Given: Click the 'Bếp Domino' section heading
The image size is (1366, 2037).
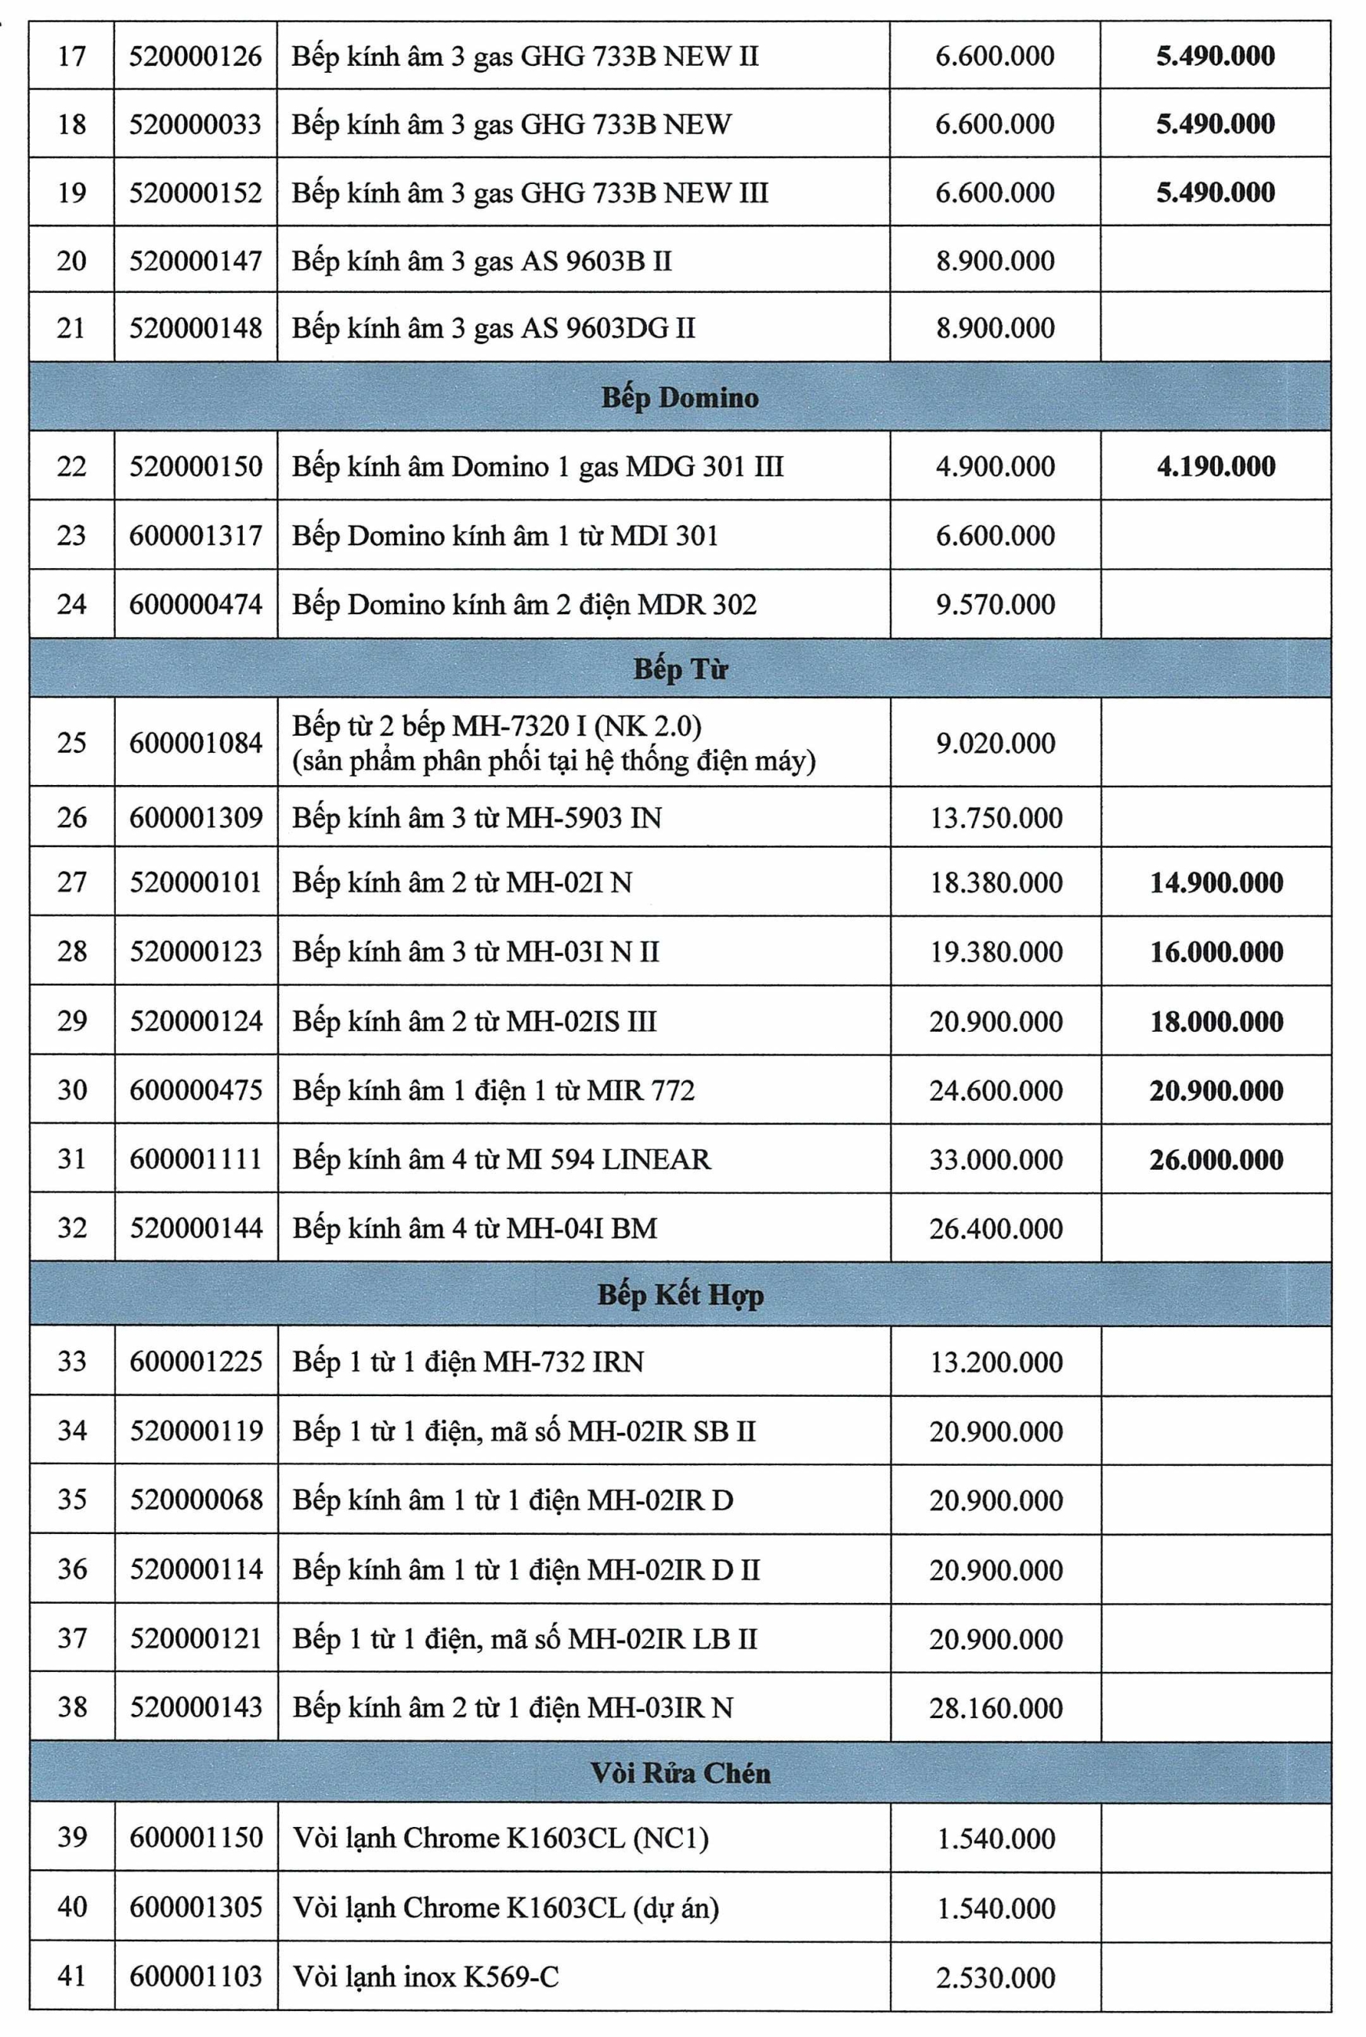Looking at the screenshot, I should (x=680, y=397).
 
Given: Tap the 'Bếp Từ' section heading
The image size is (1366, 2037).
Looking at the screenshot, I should (x=680, y=668).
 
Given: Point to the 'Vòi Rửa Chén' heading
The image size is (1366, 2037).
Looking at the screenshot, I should (x=680, y=1772).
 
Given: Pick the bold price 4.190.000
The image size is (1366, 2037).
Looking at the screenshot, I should (x=1216, y=465).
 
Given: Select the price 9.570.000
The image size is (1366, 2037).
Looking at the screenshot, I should (x=995, y=604).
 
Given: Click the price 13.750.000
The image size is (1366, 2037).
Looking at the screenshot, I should (x=996, y=817).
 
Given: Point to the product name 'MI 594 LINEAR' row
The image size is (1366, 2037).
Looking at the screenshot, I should (x=502, y=1159).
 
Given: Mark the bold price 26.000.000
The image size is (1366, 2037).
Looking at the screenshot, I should (x=1216, y=1159).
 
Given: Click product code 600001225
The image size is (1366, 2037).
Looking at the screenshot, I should (x=196, y=1361).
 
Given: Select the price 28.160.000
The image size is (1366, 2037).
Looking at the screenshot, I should (x=996, y=1707).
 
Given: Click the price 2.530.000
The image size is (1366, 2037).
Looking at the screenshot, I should (x=996, y=1977).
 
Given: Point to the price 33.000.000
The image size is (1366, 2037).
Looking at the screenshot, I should (x=996, y=1159).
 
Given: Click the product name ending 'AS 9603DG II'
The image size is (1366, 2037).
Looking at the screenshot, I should (x=493, y=327).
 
